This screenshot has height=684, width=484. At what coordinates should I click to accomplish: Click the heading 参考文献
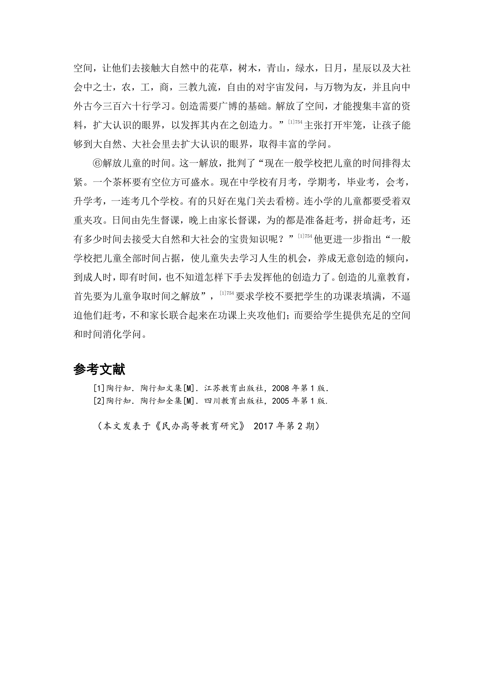(99, 370)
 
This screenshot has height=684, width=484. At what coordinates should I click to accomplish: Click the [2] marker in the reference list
(99, 401)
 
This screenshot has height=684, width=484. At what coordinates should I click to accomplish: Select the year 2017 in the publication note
(263, 426)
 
